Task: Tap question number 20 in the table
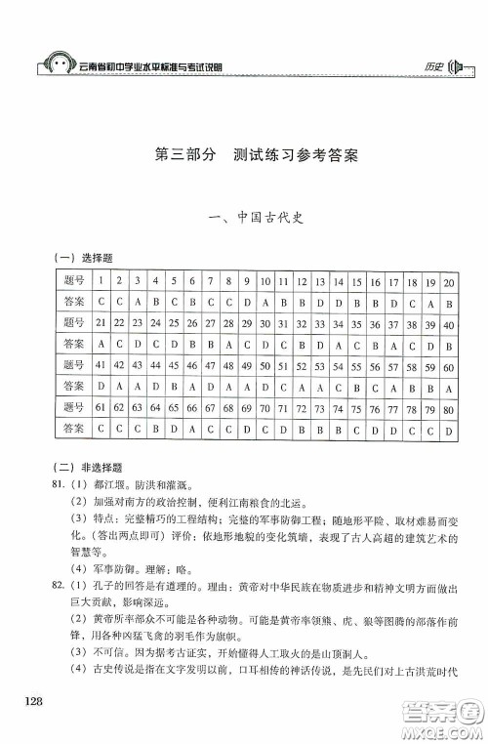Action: [448, 282]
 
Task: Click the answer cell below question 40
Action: [448, 344]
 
